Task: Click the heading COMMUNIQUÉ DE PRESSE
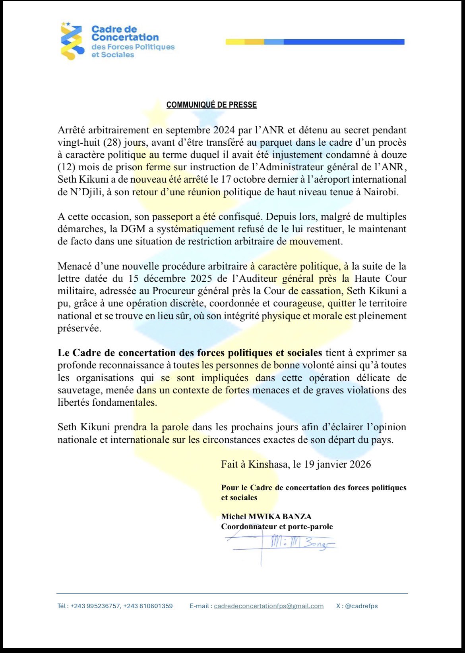click(211, 105)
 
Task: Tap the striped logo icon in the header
click(72, 41)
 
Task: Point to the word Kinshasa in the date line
click(269, 464)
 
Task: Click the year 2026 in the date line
click(360, 464)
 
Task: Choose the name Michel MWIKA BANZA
click(266, 516)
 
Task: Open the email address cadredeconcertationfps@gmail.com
click(269, 606)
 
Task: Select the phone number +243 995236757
click(95, 606)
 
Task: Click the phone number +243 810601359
click(148, 606)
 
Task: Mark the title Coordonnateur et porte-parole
click(277, 526)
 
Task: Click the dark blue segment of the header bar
click(344, 42)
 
